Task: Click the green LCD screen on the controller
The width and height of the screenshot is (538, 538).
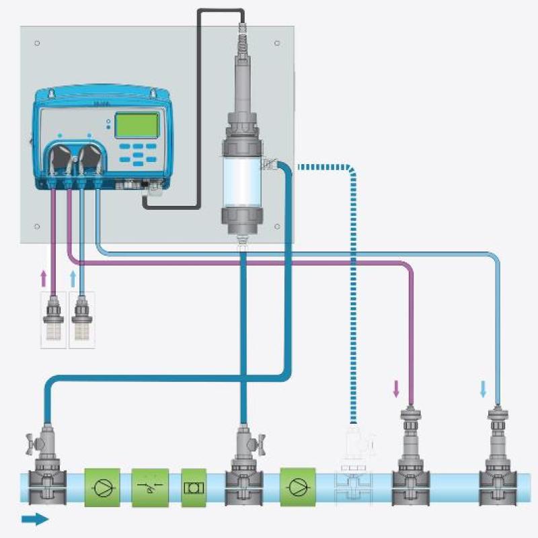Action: tap(137, 125)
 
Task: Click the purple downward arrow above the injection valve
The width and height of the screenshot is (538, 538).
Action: tap(396, 387)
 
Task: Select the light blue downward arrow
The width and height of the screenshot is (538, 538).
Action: tap(483, 388)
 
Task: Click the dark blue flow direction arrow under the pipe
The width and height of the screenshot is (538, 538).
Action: tap(35, 518)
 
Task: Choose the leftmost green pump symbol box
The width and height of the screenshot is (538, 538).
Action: tap(102, 487)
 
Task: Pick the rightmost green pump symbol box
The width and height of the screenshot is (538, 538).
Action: tap(299, 487)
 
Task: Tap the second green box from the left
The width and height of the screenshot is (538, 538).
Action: tap(149, 487)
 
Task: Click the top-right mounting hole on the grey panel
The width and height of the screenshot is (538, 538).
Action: tap(277, 43)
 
